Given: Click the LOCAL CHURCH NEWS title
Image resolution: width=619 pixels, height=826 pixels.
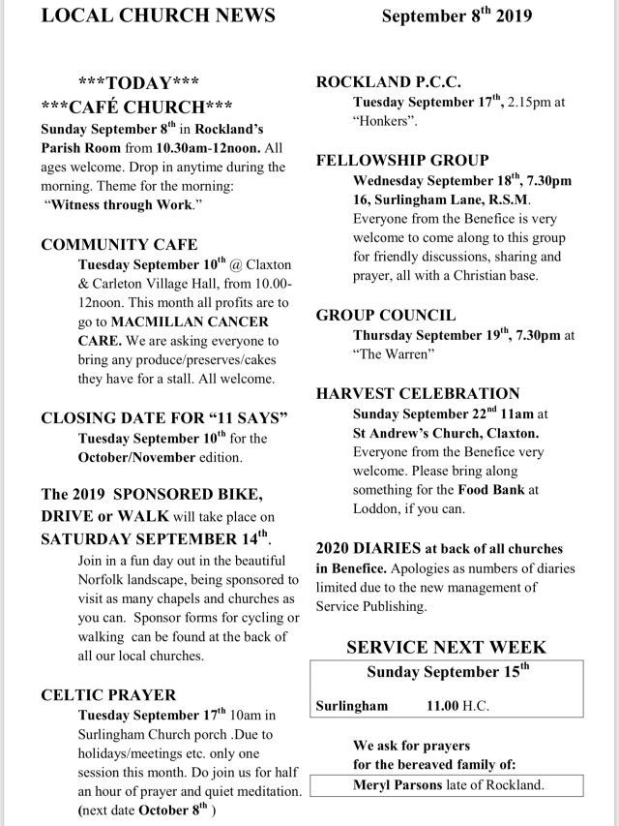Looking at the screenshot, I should point(159,15).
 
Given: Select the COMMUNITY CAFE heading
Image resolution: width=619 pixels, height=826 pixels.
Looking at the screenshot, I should point(119,245).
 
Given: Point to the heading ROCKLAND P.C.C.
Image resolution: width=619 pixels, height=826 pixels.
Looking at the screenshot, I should point(389,82).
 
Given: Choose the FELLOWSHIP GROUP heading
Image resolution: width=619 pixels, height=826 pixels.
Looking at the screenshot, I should point(402,161).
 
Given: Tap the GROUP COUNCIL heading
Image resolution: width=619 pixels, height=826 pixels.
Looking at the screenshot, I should point(386,316).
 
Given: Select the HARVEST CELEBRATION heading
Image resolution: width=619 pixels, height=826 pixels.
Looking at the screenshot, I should point(418,393).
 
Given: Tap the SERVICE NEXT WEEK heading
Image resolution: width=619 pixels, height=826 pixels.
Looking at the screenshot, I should point(446,647).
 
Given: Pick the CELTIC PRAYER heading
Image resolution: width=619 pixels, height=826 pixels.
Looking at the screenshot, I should point(108,695).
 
